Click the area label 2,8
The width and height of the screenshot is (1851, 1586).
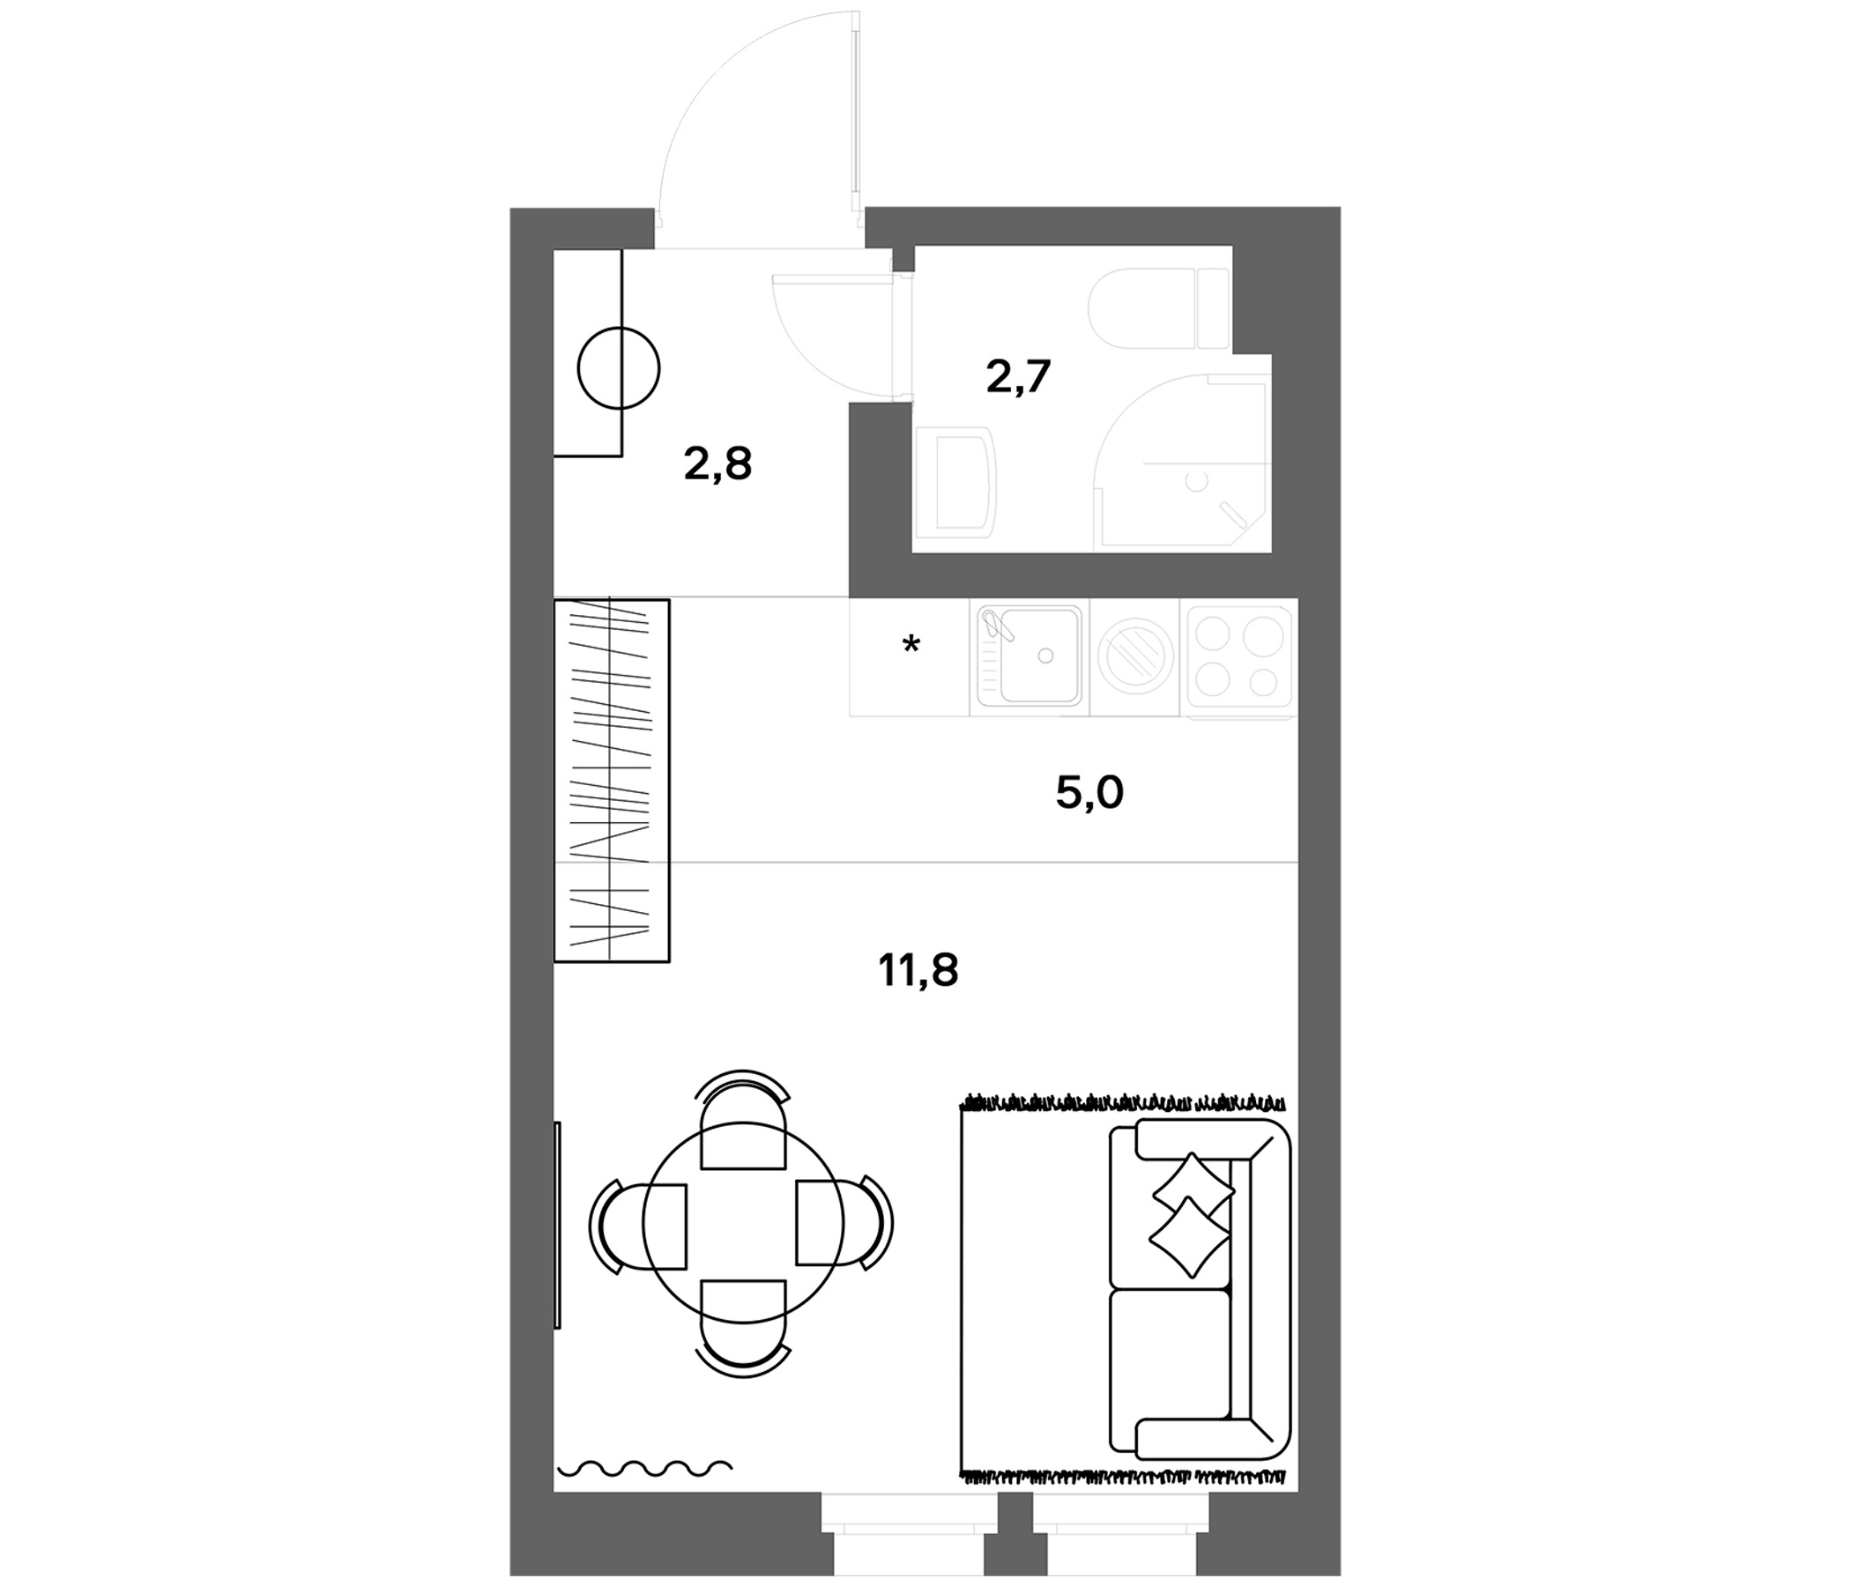click(718, 464)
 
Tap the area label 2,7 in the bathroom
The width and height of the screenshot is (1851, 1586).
click(1018, 376)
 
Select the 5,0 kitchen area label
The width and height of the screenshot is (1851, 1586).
click(1089, 792)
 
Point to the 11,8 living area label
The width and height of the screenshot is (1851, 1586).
click(918, 970)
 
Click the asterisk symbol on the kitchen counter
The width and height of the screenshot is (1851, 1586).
click(911, 644)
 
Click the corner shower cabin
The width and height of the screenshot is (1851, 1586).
click(1181, 463)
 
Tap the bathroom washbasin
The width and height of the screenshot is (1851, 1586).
click(955, 482)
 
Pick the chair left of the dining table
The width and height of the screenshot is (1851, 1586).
click(638, 1226)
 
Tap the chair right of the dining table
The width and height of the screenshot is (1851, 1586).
click(845, 1224)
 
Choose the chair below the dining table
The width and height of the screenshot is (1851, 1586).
click(743, 1329)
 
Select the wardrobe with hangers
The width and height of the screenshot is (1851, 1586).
click(612, 781)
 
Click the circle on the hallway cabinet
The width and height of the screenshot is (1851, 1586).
click(618, 368)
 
